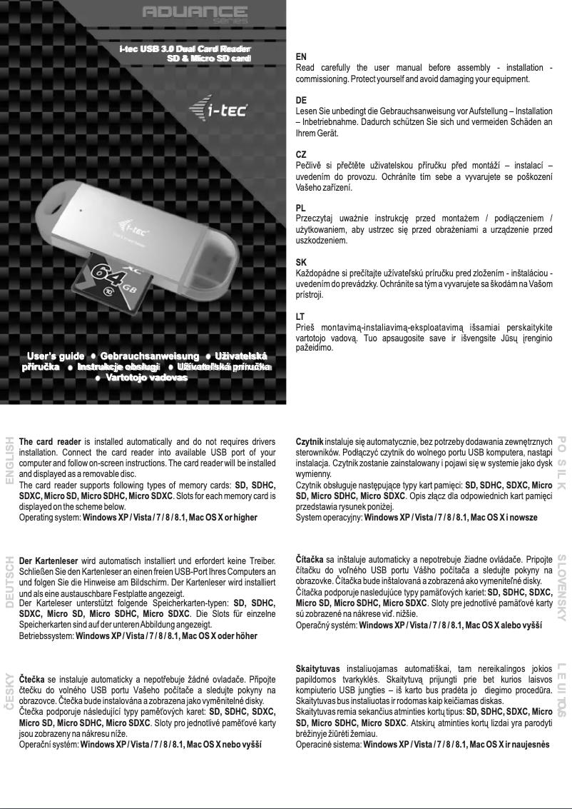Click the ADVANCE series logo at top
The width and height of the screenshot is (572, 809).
pyautogui.click(x=195, y=14)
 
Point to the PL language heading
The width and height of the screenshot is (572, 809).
pyautogui.click(x=300, y=208)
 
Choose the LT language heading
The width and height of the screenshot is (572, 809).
pyautogui.click(x=300, y=316)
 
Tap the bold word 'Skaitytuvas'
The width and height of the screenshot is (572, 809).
pyautogui.click(x=317, y=668)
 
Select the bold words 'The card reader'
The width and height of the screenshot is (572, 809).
pyautogui.click(x=50, y=441)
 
